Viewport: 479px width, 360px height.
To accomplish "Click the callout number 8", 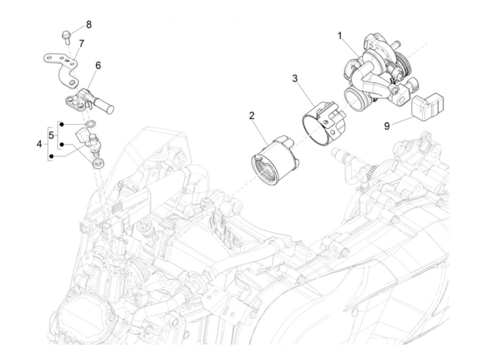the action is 89,25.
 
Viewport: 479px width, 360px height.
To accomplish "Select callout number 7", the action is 81,44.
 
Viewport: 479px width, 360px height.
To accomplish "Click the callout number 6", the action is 98,65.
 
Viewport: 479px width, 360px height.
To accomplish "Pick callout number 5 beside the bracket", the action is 51,135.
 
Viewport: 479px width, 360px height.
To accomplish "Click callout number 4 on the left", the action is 39,144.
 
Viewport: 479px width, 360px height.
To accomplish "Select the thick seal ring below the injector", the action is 98,164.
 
